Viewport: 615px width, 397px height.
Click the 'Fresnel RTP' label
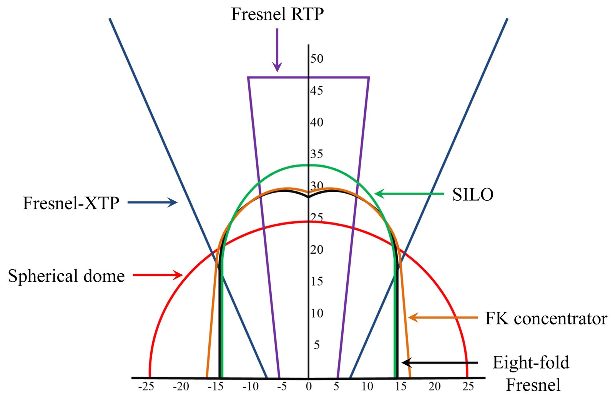(x=277, y=14)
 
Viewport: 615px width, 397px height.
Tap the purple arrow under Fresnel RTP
(x=277, y=50)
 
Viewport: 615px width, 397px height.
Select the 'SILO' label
(x=473, y=194)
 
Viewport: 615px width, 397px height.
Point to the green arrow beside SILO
(x=409, y=194)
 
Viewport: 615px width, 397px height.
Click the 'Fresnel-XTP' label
(x=71, y=203)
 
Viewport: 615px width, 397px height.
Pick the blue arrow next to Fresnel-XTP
(x=153, y=203)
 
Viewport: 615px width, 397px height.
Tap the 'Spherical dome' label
(x=66, y=276)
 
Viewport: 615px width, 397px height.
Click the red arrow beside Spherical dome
(x=158, y=275)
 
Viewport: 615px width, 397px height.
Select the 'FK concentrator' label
(x=546, y=319)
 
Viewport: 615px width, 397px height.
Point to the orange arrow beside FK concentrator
(x=443, y=318)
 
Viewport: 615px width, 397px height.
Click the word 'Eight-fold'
(x=531, y=363)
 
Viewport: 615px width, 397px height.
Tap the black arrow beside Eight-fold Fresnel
(x=440, y=363)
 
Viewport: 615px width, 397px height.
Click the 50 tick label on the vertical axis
(x=317, y=58)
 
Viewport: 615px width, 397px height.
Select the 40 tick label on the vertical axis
(x=317, y=122)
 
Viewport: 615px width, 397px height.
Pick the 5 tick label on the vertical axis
(x=317, y=345)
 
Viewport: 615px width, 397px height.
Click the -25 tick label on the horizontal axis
(x=146, y=387)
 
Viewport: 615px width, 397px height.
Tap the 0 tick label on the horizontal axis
(x=309, y=387)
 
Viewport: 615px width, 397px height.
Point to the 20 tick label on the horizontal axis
(x=434, y=387)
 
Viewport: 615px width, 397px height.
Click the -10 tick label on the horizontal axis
(x=250, y=387)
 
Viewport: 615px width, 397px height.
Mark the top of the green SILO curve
(x=309, y=165)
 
